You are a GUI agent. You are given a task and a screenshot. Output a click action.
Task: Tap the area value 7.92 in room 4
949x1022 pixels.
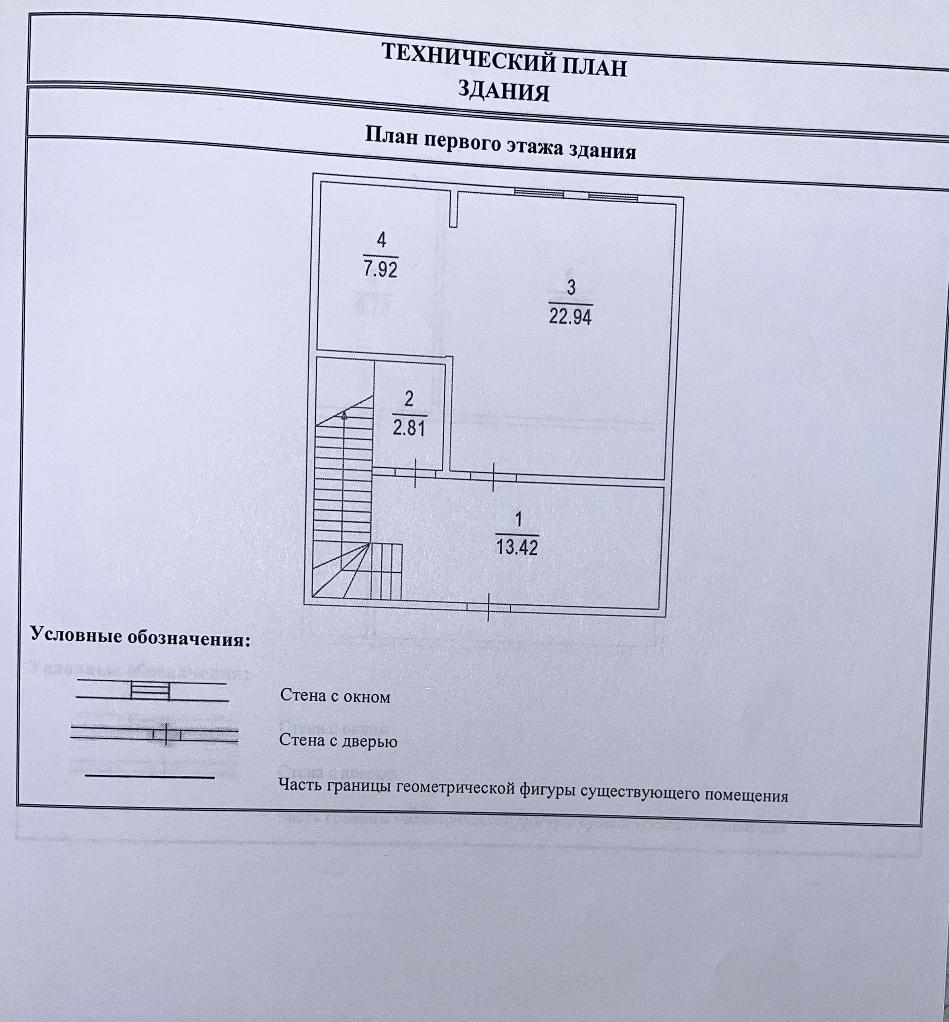pyautogui.click(x=381, y=269)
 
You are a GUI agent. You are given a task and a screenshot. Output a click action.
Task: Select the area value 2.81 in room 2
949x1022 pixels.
pyautogui.click(x=409, y=427)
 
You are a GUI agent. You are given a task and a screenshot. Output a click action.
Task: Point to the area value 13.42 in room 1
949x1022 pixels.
pyautogui.click(x=517, y=547)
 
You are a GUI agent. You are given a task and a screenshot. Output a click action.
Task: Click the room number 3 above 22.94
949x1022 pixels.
pyautogui.click(x=571, y=288)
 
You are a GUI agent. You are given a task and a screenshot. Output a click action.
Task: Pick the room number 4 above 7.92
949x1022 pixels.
pyautogui.click(x=381, y=240)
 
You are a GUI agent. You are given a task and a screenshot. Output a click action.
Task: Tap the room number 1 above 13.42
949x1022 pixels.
pyautogui.click(x=518, y=519)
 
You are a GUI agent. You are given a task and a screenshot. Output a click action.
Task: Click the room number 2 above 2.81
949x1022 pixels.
pyautogui.click(x=409, y=399)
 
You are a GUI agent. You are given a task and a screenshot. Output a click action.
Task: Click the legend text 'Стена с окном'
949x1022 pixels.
pyautogui.click(x=335, y=696)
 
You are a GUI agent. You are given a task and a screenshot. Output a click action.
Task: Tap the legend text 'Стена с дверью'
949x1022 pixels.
pyautogui.click(x=338, y=741)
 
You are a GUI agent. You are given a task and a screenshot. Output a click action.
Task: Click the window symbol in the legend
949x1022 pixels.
pyautogui.click(x=150, y=691)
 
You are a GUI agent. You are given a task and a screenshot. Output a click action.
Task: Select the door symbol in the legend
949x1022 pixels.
pyautogui.click(x=166, y=734)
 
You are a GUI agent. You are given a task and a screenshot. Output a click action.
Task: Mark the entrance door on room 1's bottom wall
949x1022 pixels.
pyautogui.click(x=488, y=607)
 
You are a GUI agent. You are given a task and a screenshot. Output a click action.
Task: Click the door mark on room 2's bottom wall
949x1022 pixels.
pyautogui.click(x=415, y=473)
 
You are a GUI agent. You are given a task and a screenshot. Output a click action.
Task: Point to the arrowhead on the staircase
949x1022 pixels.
pyautogui.click(x=344, y=415)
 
